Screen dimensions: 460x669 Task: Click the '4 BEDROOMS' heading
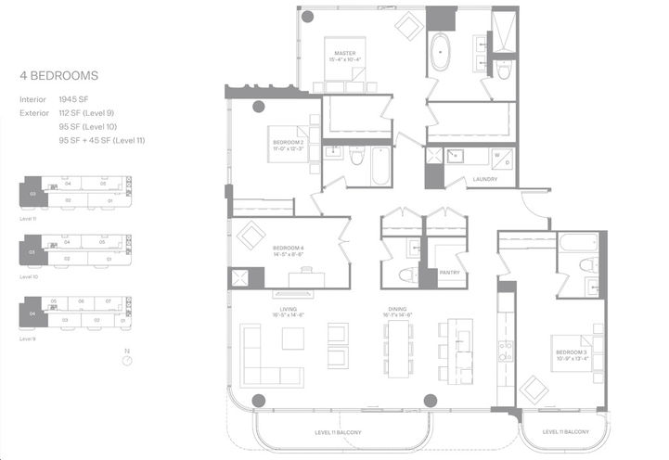tap(59, 75)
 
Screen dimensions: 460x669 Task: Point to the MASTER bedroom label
tap(345, 55)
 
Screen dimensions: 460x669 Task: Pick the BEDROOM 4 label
tap(288, 249)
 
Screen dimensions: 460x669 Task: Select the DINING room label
tap(400, 313)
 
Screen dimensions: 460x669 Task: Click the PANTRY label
tap(450, 272)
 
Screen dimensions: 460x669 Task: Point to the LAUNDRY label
tap(484, 179)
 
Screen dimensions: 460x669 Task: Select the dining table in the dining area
tap(400, 349)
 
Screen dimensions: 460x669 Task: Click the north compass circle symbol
tap(127, 361)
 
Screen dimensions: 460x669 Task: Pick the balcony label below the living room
tap(338, 433)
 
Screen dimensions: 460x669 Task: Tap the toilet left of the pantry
tap(405, 275)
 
